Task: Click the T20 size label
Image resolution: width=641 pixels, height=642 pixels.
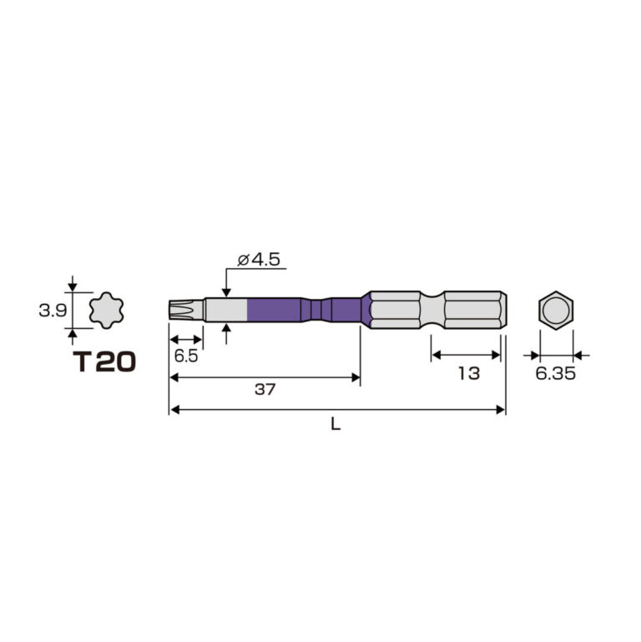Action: coord(104,362)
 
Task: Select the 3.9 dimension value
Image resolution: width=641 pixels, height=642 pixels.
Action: coord(53,311)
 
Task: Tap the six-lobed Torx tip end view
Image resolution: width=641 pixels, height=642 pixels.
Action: coord(107,310)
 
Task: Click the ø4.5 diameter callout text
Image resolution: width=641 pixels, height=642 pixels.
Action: coord(259,260)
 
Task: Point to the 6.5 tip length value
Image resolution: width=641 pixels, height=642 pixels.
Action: coord(186,356)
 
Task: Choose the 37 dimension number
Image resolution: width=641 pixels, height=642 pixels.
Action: coord(265,389)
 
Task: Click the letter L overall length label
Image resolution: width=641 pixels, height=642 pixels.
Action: coord(336,425)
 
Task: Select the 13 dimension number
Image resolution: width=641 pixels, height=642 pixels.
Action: coord(469,373)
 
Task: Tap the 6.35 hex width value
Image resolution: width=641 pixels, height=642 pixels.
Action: coord(556,373)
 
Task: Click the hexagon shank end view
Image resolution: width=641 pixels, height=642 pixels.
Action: coord(556,310)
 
